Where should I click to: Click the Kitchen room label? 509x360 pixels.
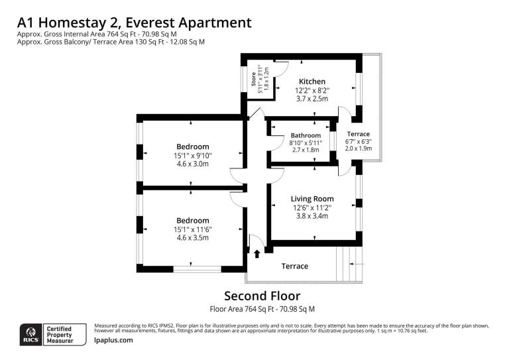click(312, 82)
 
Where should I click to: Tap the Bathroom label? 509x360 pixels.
click(306, 135)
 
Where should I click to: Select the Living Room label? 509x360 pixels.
click(312, 199)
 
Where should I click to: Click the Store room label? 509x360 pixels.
click(254, 79)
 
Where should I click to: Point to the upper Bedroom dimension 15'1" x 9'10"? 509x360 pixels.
click(192, 156)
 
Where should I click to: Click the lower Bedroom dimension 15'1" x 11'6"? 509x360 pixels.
click(192, 229)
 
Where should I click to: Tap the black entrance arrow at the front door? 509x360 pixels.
click(257, 253)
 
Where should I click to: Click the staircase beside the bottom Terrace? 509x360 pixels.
click(349, 264)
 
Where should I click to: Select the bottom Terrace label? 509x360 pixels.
click(295, 266)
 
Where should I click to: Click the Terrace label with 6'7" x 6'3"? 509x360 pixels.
click(359, 134)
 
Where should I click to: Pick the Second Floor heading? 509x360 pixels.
click(262, 296)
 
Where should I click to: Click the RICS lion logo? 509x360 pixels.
click(31, 335)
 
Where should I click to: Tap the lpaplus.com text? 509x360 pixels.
click(113, 340)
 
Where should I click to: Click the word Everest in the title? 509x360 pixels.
click(150, 23)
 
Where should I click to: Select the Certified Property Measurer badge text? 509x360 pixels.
click(60, 335)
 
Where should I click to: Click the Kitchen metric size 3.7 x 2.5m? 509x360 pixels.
click(312, 99)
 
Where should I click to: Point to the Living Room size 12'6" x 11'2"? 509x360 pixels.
click(312, 208)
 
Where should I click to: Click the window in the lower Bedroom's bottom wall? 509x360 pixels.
click(197, 269)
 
